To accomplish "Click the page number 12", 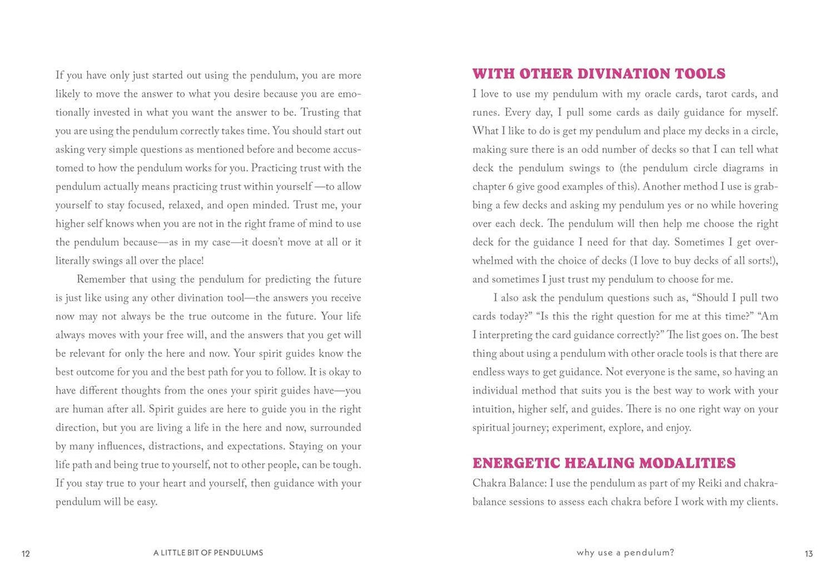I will tap(25, 553).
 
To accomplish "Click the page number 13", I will tap(809, 553).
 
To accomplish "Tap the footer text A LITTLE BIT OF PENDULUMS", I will tap(208, 553).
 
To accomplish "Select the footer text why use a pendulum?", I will tap(625, 553).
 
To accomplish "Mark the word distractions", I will tap(175, 446).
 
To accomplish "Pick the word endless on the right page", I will tap(489, 372).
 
